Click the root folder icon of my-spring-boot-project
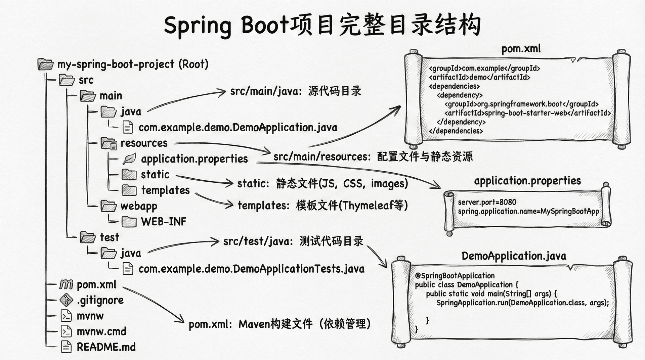pyautogui.click(x=45, y=64)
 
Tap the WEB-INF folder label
pyautogui.click(x=163, y=222)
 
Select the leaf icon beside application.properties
pyautogui.click(x=129, y=159)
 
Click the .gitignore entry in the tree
pyautogui.click(x=100, y=300)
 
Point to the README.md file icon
pyautogui.click(x=66, y=347)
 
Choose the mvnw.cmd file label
pyautogui.click(x=101, y=332)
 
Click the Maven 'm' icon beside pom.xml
pyautogui.click(x=66, y=285)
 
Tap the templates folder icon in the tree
pyautogui.click(x=129, y=190)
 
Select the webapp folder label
pyautogui.click(x=139, y=206)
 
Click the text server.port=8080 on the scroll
pyautogui.click(x=487, y=202)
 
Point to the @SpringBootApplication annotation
pyautogui.click(x=455, y=276)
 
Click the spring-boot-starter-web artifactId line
pyautogui.click(x=527, y=113)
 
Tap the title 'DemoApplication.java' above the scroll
pyautogui.click(x=514, y=256)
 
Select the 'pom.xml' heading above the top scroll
pyautogui.click(x=521, y=49)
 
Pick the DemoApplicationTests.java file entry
pyautogui.click(x=251, y=269)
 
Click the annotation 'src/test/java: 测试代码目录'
pyautogui.click(x=293, y=241)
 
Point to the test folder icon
pyautogui.click(x=88, y=237)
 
